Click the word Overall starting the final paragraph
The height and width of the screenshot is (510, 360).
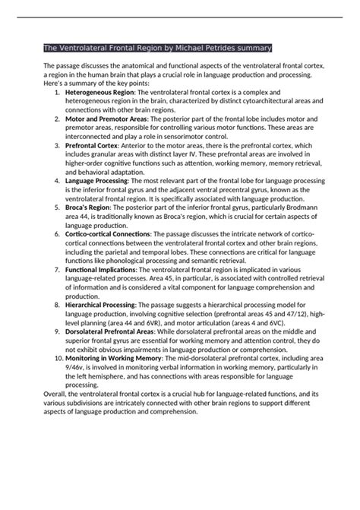coord(57,394)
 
